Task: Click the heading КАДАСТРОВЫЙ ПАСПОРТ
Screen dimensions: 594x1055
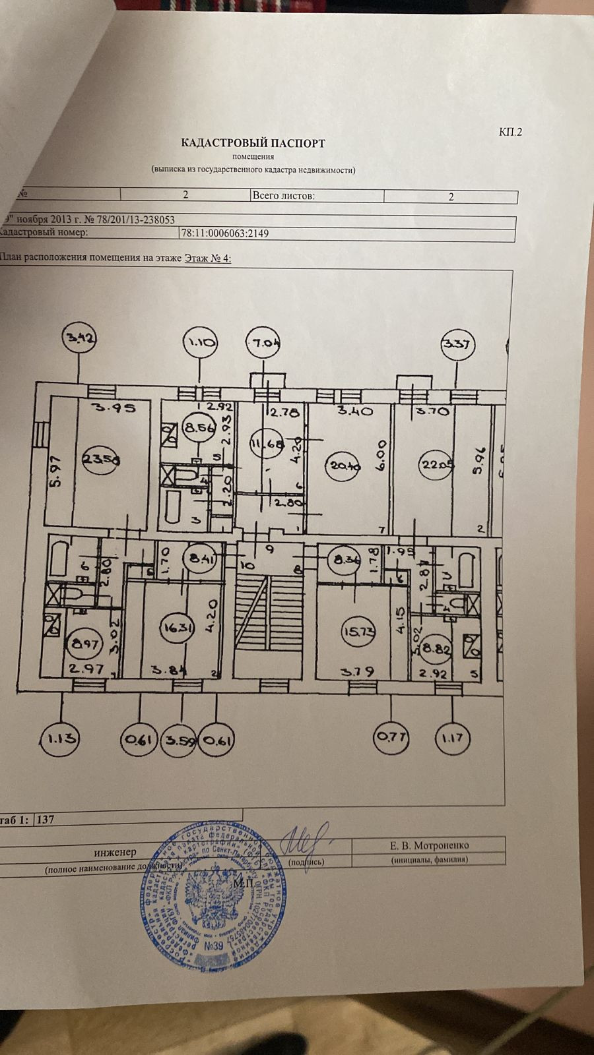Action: coord(253,142)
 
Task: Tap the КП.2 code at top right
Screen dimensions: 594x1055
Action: coord(510,132)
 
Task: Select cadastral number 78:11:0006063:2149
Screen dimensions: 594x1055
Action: coord(224,233)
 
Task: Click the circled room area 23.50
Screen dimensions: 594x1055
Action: coord(96,458)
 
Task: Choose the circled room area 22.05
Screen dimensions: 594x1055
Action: coord(436,464)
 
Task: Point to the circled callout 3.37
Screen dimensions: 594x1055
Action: coord(458,344)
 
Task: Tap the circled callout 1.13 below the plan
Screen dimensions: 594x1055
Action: coord(59,739)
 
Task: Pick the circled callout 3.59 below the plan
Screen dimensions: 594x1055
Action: coord(180,740)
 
